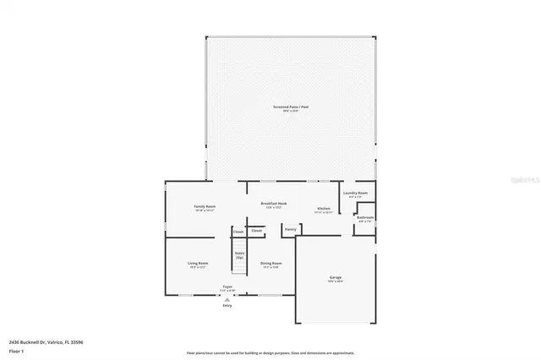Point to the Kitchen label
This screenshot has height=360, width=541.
pos(323,209)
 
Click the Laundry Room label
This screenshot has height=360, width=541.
pos(356,194)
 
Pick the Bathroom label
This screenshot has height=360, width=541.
pos(364,217)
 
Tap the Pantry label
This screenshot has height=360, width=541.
pos(290,229)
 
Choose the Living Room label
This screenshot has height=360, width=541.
pos(198,264)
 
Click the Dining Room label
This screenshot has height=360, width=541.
pos(270,264)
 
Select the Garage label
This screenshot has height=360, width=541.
pos(335,278)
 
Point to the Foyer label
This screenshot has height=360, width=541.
pos(227,287)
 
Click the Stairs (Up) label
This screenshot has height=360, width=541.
pos(239,254)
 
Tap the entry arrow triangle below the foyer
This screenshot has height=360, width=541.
pos(227,298)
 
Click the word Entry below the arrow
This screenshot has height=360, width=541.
pos(227,305)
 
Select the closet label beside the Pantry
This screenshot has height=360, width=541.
pos(256,230)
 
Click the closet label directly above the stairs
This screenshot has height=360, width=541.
pos(238,232)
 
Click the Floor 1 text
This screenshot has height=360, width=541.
pos(16,349)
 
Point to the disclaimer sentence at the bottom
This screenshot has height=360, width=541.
pos(271,353)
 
